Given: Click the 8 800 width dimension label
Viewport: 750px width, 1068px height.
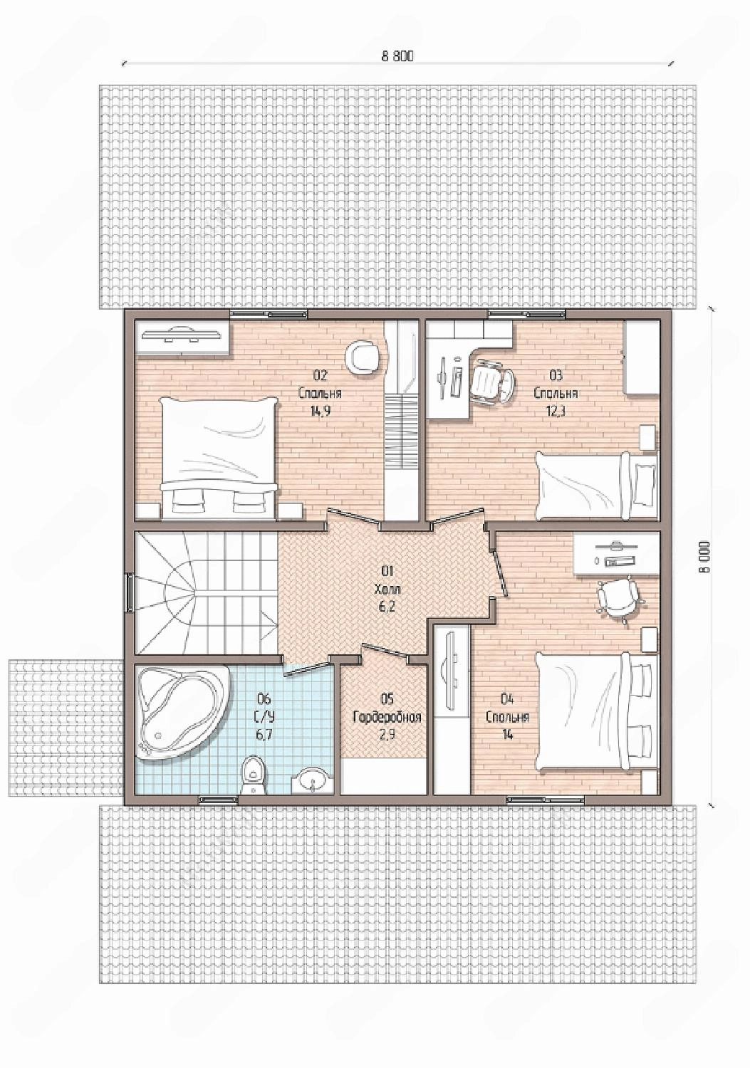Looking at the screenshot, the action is pos(397,56).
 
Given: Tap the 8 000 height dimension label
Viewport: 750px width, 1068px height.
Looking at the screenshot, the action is pos(706,556).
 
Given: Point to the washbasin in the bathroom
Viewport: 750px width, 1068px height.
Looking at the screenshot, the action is pos(313,779).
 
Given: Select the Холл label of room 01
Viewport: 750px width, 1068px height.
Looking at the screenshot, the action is pos(387,590).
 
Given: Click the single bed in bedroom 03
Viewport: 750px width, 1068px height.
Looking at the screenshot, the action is pos(596,486).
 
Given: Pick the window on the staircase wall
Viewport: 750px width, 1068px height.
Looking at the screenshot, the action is pos(129,592).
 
